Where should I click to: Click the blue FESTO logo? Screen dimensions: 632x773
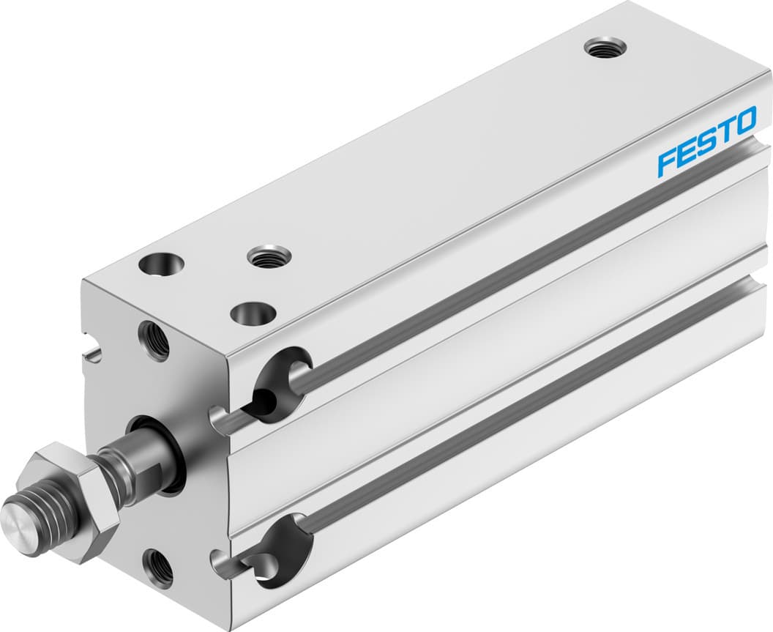pos(706,141)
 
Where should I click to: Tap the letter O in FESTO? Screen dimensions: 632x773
pos(744,121)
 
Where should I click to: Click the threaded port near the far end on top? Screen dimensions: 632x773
pos(605,48)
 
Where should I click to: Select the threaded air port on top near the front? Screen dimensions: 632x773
pos(269,256)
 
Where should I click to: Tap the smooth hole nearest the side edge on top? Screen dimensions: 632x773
pos(253,314)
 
